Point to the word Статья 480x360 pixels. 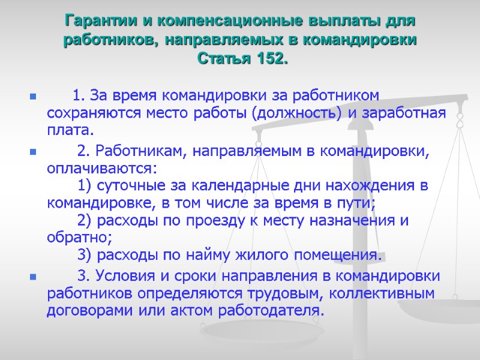226,59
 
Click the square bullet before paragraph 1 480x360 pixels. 32,96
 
